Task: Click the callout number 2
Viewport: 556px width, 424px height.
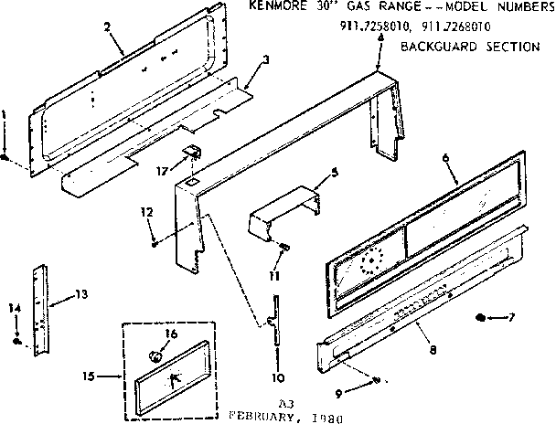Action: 108,26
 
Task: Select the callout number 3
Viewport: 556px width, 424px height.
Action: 265,60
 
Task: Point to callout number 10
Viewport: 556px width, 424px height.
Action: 278,376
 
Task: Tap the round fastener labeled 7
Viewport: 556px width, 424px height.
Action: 483,317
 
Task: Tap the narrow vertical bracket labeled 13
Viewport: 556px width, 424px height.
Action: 40,311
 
